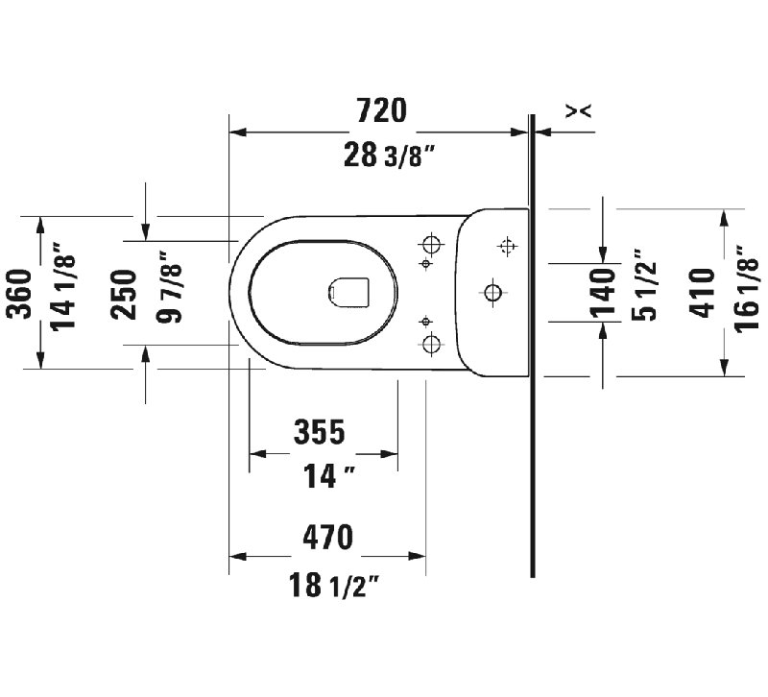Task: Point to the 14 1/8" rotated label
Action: pos(64,292)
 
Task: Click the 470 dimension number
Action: pos(327,537)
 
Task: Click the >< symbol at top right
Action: pos(578,112)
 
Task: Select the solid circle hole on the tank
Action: pos(493,291)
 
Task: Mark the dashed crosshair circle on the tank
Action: pos(507,249)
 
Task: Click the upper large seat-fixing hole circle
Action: pos(431,242)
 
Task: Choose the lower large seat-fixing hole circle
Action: pos(431,343)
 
